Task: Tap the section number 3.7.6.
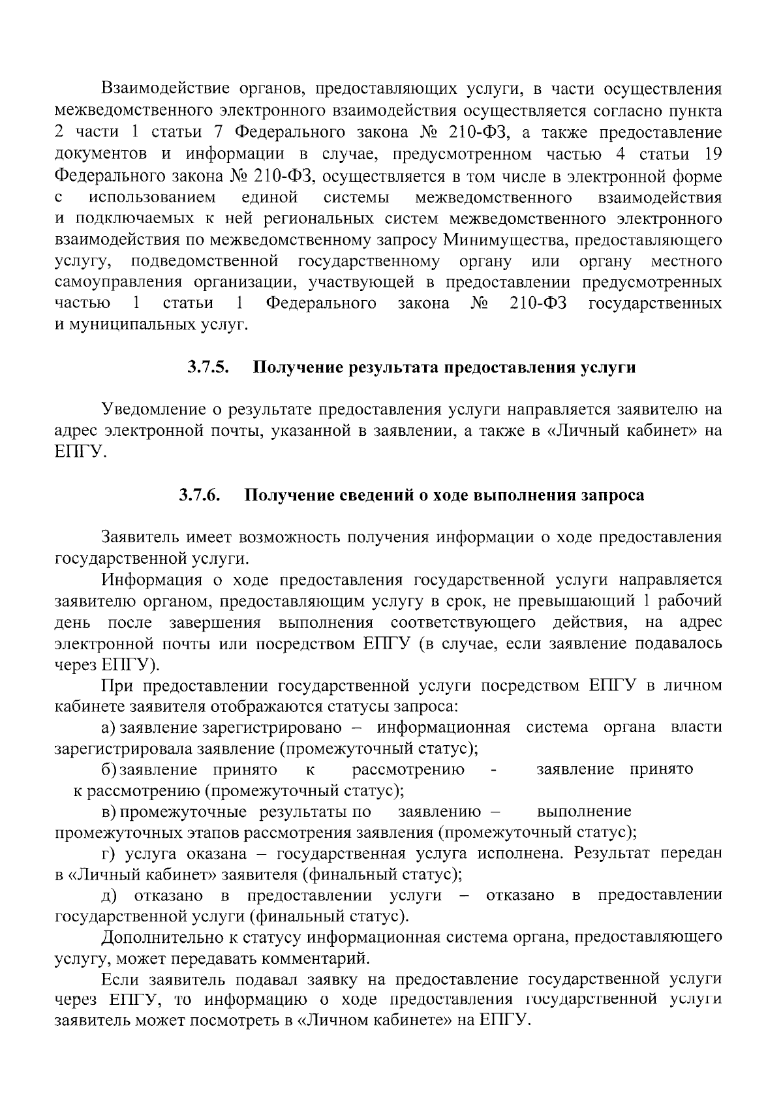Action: [200, 495]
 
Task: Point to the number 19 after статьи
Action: [711, 154]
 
